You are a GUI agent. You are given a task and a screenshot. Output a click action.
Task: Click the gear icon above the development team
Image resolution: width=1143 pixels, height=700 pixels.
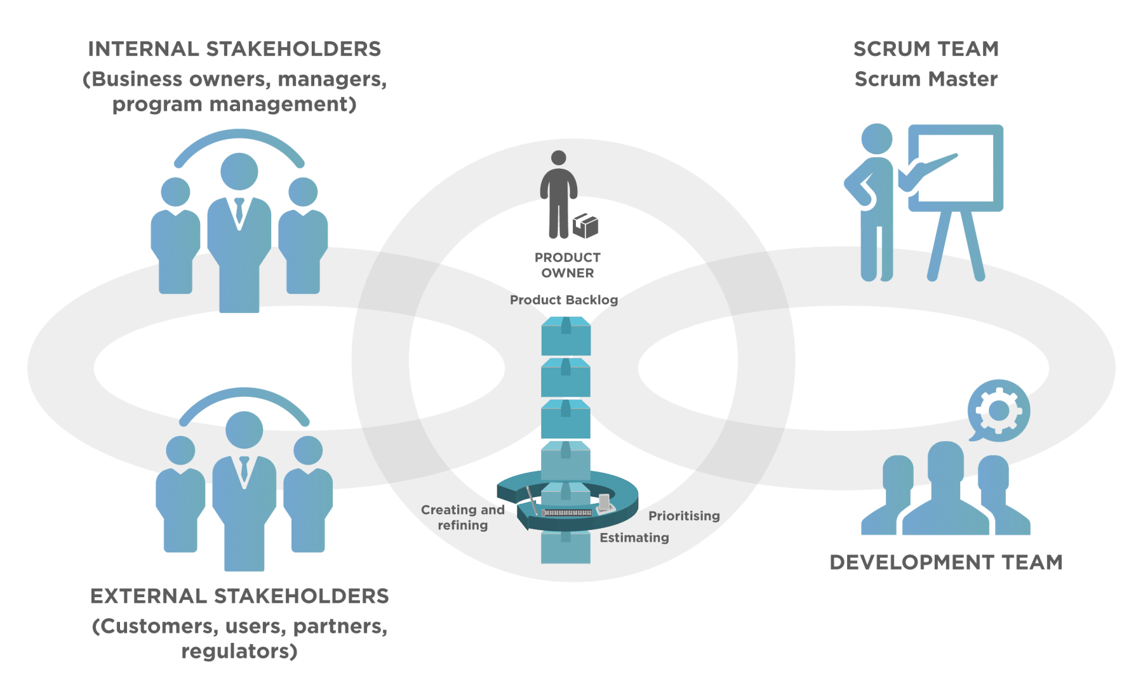[999, 411]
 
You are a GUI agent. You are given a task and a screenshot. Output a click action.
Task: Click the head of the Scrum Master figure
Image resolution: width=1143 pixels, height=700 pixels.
[877, 139]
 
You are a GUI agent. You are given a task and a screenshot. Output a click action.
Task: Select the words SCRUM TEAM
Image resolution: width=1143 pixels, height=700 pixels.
[926, 49]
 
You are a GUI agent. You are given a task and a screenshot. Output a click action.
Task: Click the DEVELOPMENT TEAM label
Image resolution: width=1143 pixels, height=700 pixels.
[946, 562]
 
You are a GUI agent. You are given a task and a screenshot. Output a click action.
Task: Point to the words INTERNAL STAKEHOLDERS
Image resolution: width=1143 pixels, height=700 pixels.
[234, 49]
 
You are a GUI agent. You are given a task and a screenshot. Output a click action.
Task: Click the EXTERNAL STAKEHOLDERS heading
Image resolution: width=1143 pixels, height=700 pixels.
[239, 597]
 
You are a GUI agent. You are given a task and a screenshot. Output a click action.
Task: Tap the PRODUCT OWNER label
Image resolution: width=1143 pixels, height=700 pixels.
[568, 265]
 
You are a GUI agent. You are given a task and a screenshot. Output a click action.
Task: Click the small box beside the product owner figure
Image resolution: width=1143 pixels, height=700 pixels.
[585, 225]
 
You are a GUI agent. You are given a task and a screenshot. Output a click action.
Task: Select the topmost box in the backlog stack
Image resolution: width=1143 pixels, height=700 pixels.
[566, 336]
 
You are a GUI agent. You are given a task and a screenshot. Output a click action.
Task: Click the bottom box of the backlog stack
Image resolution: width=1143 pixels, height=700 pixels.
[566, 548]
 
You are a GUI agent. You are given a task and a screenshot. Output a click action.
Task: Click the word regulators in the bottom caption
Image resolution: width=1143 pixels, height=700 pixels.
[239, 652]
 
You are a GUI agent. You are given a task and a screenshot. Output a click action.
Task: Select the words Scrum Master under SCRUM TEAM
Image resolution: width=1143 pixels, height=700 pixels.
[926, 79]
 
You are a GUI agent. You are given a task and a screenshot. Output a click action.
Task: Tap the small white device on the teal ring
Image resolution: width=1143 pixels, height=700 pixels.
[604, 503]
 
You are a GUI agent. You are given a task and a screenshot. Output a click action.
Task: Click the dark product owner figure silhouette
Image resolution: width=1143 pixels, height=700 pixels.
[559, 200]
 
